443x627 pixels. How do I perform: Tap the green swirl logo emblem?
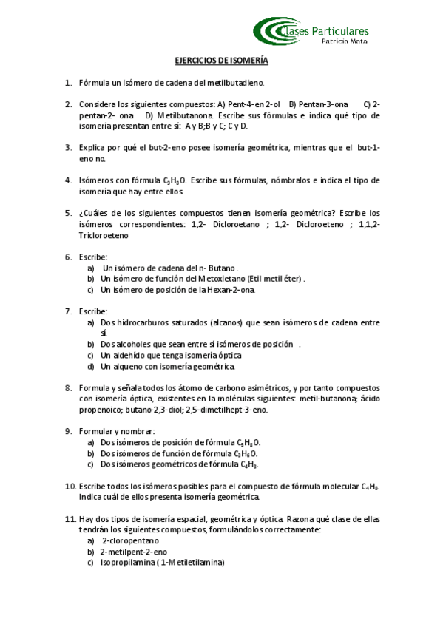(x=271, y=31)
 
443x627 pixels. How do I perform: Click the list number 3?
(x=68, y=148)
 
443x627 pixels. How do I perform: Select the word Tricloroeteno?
(x=103, y=236)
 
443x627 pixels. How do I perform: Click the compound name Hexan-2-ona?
(x=226, y=290)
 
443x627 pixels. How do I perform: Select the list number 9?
(x=68, y=430)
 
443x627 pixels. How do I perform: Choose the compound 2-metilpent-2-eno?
(x=134, y=552)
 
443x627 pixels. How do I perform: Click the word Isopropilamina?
(x=126, y=562)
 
